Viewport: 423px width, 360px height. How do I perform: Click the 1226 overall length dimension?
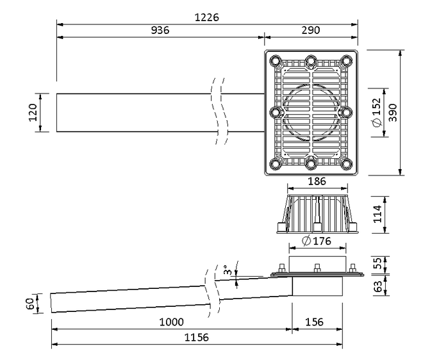pyautogui.click(x=207, y=17)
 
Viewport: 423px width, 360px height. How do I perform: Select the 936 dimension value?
pyautogui.click(x=160, y=31)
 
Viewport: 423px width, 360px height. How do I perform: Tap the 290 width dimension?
pyautogui.click(x=310, y=31)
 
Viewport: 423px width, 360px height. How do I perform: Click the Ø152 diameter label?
pyautogui.click(x=376, y=112)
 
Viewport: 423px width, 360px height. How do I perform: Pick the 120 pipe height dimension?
pyautogui.click(x=33, y=113)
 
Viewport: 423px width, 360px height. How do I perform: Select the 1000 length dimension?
pyautogui.click(x=172, y=322)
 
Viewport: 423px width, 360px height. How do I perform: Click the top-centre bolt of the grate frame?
pyautogui.click(x=311, y=61)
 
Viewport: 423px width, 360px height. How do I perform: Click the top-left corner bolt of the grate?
pyautogui.click(x=276, y=61)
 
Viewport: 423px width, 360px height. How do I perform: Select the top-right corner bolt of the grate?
pyautogui.click(x=346, y=61)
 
